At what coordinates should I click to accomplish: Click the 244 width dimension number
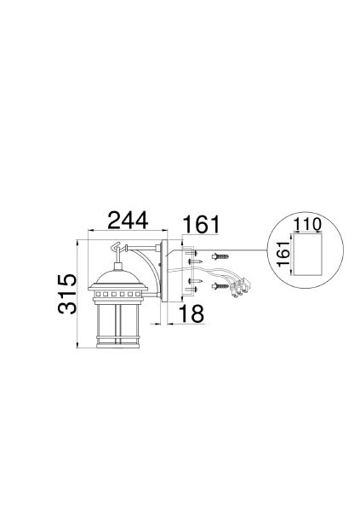(x=128, y=221)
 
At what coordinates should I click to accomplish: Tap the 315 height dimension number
(x=67, y=295)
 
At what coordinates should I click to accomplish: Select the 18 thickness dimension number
(x=191, y=313)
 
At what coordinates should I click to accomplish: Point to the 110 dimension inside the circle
(x=307, y=224)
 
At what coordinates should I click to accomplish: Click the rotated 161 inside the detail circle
(x=283, y=254)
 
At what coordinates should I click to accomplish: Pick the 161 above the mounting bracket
(x=202, y=224)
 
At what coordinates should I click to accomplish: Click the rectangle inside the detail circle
(x=308, y=254)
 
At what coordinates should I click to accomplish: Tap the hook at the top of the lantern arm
(x=117, y=248)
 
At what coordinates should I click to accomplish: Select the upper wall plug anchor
(x=220, y=256)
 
